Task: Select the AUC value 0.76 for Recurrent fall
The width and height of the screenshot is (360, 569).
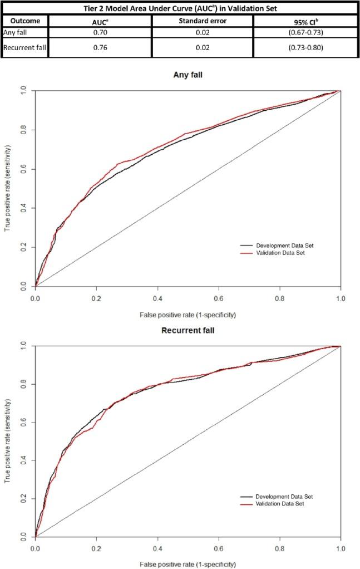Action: pos(100,48)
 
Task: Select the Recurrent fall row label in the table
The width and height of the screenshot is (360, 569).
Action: pos(24,48)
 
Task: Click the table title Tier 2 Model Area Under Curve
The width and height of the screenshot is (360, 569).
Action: pos(180,7)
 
